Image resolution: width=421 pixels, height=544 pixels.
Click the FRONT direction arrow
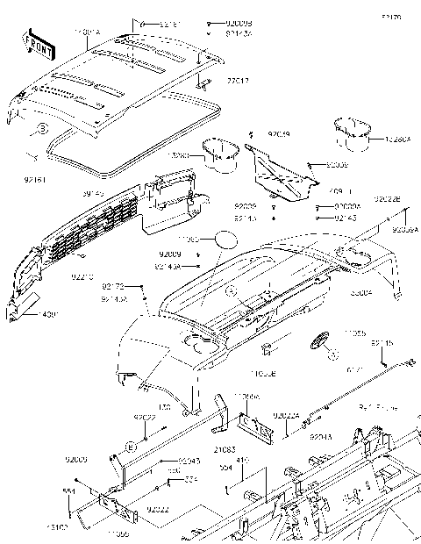click(38, 45)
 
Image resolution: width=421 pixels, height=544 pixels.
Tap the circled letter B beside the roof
click(40, 129)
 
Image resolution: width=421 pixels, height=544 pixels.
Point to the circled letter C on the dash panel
click(231, 290)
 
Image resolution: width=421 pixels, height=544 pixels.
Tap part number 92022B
click(388, 200)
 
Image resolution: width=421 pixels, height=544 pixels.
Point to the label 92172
click(113, 286)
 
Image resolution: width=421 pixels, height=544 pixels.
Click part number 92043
click(179, 460)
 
